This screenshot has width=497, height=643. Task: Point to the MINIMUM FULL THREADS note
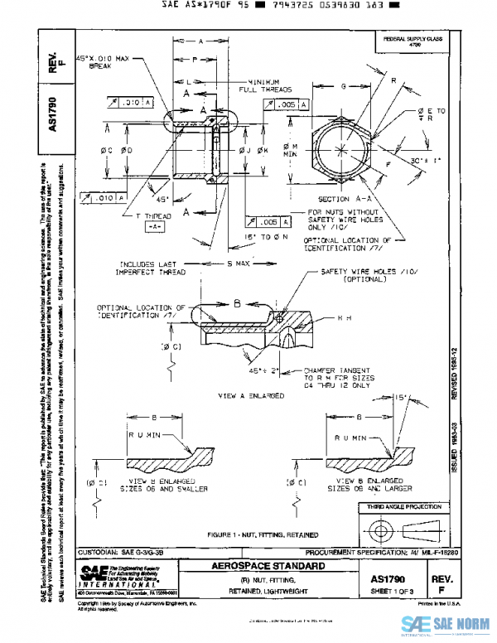tap(258, 85)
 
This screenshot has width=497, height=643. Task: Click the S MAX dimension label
tap(237, 263)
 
